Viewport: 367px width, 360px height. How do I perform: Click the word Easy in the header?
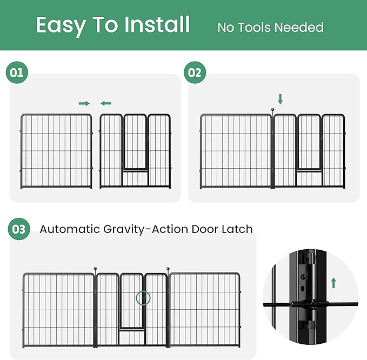pos(61,25)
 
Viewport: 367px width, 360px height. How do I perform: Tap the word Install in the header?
pos(157,25)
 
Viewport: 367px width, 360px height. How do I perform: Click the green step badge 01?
pos(17,72)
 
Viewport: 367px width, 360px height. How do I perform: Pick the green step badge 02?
pos(195,72)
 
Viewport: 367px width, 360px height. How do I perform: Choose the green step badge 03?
pos(19,229)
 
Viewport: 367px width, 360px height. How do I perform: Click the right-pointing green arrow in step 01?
pos(84,103)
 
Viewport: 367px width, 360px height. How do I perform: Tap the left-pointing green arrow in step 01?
pos(106,103)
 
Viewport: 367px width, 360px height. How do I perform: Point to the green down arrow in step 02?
pos(280,99)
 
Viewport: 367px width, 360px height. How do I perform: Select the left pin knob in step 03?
pos(96,269)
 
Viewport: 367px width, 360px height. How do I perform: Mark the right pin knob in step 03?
pos(168,269)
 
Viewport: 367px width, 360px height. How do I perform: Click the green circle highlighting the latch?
pos(143,297)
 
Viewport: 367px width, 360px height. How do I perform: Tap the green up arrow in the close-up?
pos(333,283)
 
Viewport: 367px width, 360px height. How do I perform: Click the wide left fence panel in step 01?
pos(56,151)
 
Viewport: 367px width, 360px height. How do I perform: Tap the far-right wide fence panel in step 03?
pos(204,310)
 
